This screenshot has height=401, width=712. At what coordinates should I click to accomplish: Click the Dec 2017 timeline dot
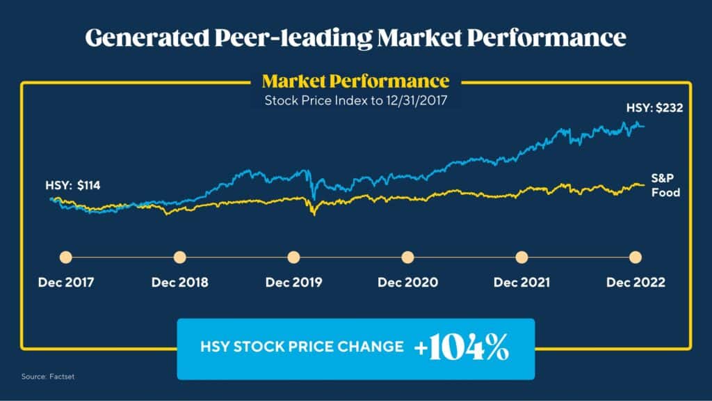click(66, 257)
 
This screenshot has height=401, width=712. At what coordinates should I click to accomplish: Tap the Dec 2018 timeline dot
click(179, 257)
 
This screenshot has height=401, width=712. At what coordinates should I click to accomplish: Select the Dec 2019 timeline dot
click(293, 257)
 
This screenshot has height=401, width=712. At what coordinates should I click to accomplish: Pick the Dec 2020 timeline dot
click(407, 257)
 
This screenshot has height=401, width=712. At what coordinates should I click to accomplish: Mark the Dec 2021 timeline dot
click(521, 257)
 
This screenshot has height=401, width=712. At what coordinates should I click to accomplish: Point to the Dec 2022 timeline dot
click(635, 257)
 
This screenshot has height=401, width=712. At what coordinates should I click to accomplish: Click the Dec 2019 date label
click(293, 283)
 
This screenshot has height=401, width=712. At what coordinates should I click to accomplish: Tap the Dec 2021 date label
click(521, 283)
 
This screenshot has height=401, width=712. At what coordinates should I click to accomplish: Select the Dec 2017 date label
click(66, 283)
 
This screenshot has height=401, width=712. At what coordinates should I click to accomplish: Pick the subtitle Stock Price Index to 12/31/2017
click(355, 100)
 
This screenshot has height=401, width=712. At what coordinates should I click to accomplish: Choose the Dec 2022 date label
click(635, 283)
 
